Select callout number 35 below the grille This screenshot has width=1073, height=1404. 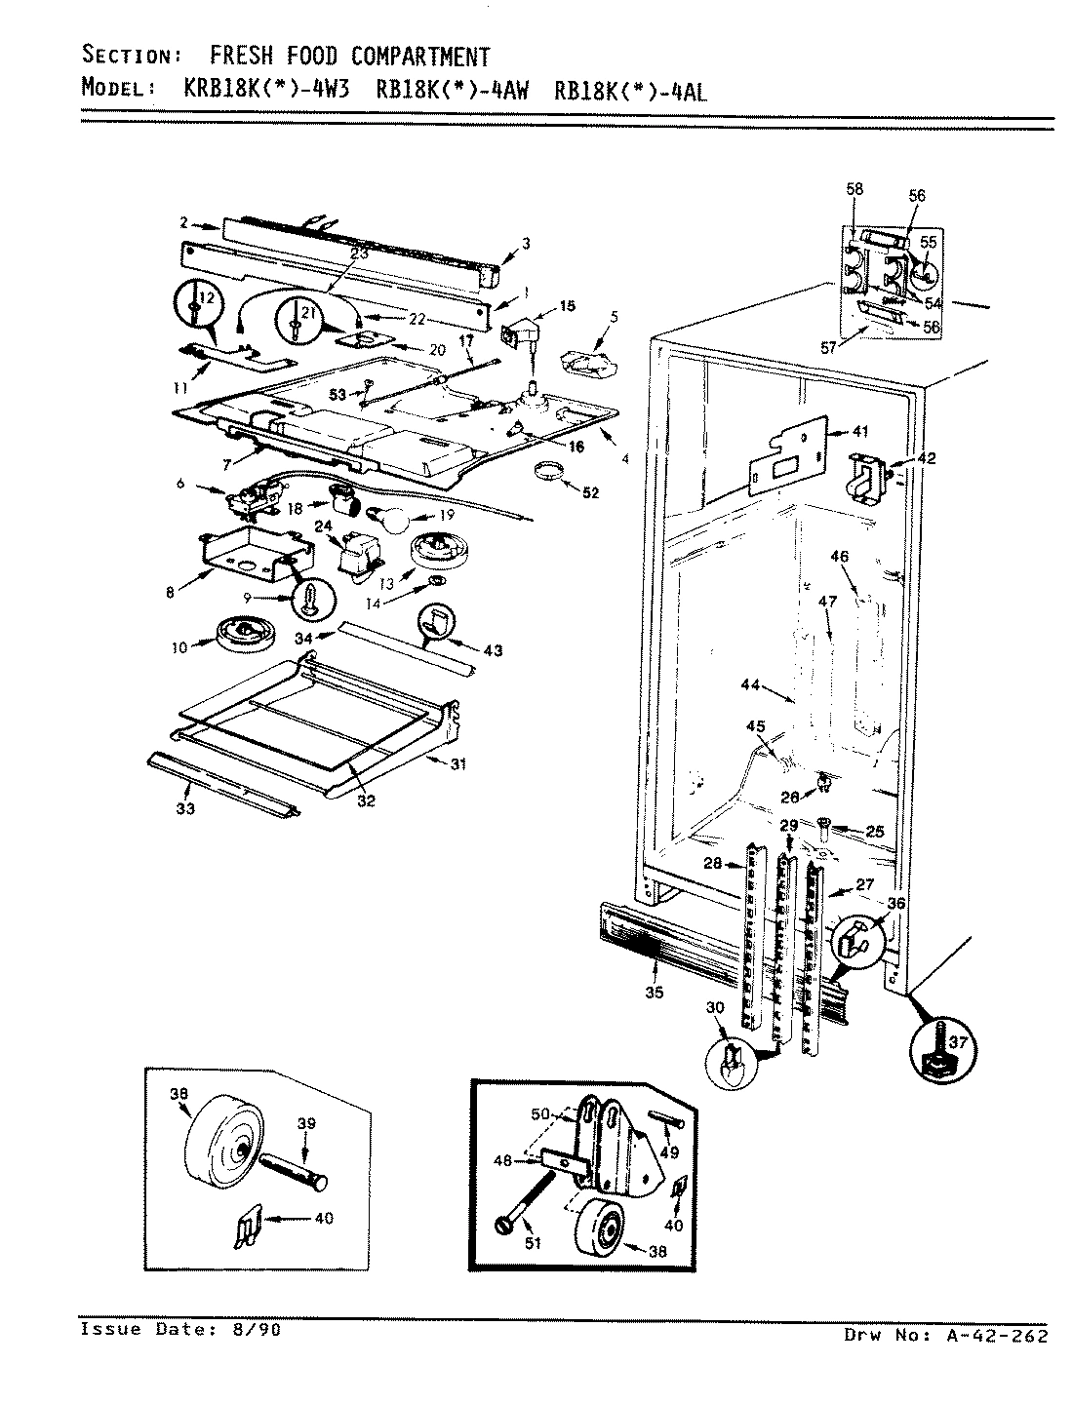point(654,993)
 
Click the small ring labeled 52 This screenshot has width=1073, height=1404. point(554,475)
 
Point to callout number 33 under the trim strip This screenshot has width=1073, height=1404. point(185,808)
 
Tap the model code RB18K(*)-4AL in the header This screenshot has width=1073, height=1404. point(629,90)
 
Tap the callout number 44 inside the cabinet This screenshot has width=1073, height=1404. point(749,685)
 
